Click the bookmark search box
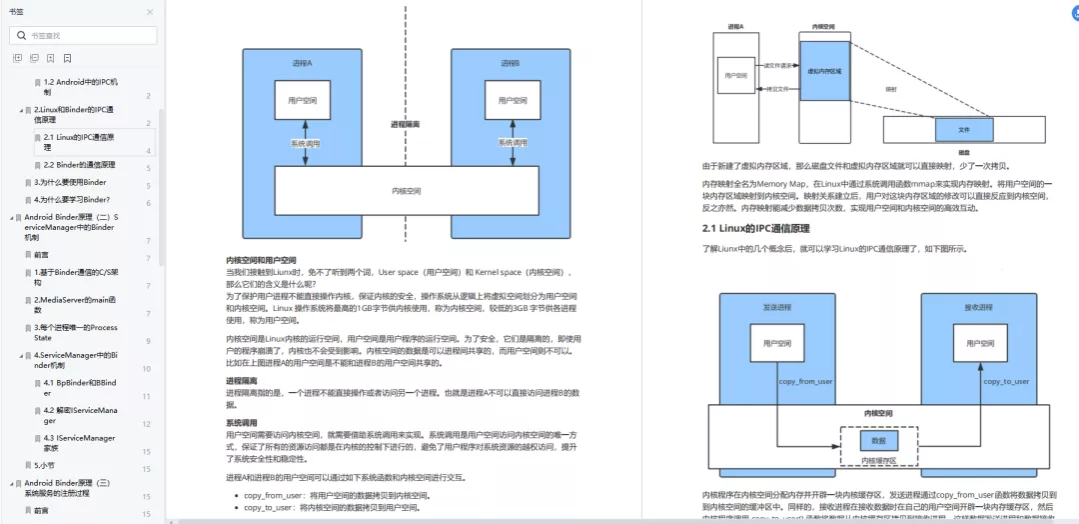click(84, 35)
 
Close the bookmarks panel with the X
click(150, 11)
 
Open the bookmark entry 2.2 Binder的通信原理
click(79, 164)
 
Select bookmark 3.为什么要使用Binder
click(70, 182)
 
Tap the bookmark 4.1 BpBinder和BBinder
click(80, 382)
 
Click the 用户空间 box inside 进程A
click(302, 101)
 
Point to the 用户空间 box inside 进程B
click(510, 101)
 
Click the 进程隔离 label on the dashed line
click(405, 124)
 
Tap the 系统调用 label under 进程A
click(305, 144)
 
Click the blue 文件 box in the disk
click(964, 130)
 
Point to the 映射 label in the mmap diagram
click(891, 89)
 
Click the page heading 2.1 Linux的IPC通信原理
click(756, 229)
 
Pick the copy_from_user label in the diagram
click(804, 381)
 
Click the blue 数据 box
click(878, 440)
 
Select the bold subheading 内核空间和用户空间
click(261, 260)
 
